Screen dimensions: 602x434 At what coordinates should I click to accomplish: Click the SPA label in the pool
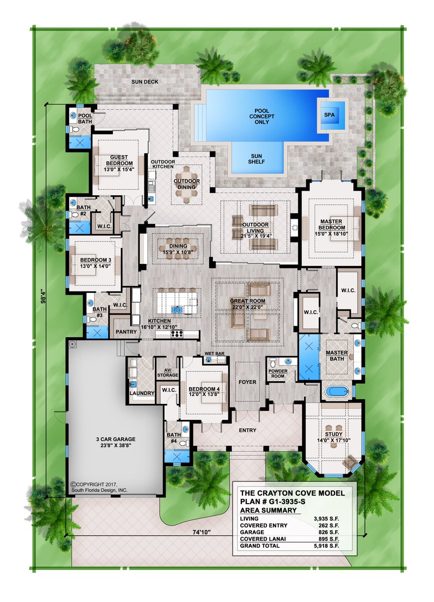329,114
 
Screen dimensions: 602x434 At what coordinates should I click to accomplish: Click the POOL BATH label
85,119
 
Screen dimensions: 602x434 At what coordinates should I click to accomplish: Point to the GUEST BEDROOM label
119,161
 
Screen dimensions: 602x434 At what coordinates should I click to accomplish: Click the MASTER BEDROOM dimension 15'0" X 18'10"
331,234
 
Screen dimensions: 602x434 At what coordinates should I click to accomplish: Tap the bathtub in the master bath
337,392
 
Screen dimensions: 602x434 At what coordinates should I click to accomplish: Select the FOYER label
247,382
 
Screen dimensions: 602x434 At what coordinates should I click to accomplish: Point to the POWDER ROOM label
278,374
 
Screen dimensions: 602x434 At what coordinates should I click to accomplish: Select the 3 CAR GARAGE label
115,438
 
